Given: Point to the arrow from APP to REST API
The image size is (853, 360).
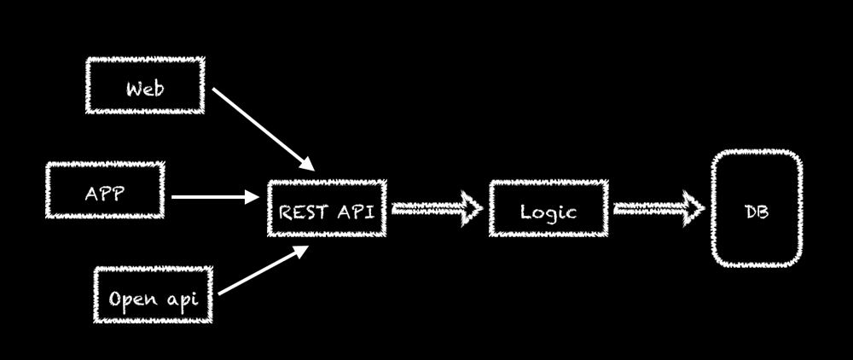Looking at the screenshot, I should click(x=213, y=197).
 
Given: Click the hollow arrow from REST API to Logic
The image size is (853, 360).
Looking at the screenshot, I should click(x=436, y=210).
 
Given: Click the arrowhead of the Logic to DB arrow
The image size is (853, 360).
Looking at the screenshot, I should click(x=693, y=210).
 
